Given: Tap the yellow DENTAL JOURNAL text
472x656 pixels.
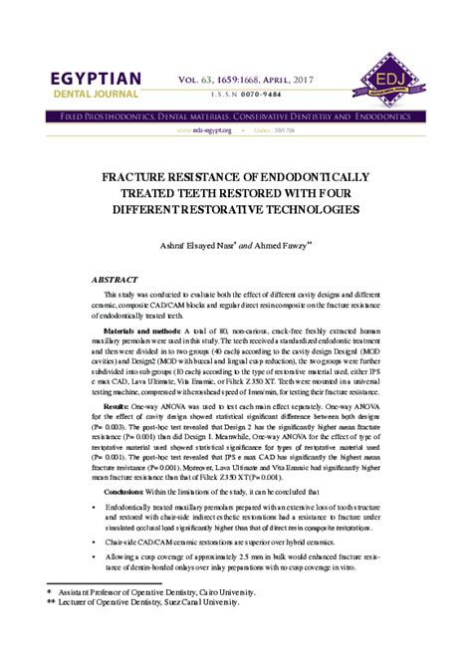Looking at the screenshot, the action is pyautogui.click(x=91, y=97).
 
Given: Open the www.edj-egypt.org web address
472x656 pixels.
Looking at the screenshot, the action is pyautogui.click(x=204, y=130).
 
